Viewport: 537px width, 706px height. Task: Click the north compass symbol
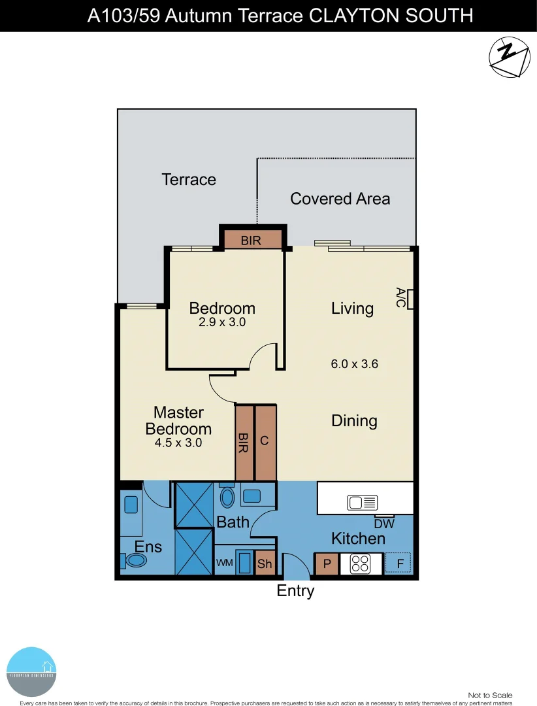pos(509,58)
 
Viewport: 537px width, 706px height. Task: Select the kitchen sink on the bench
pos(363,503)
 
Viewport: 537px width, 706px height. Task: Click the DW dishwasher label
pos(383,523)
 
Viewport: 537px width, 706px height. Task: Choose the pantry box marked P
pos(327,564)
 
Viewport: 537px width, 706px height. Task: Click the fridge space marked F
pos(399,563)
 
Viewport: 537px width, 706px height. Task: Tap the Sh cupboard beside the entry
pos(265,564)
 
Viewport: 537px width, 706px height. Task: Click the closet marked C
pos(265,442)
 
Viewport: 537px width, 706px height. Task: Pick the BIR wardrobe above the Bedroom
pos(252,240)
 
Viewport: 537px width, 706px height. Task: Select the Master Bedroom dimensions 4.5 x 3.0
pos(178,443)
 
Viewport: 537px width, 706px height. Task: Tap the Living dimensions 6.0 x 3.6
pos(355,365)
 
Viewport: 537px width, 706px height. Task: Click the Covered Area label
pos(340,199)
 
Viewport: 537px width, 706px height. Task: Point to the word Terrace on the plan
pos(189,179)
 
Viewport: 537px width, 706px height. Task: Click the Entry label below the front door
pos(295,591)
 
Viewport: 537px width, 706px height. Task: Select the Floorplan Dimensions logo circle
pos(32,671)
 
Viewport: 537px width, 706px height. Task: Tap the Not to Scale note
pos(490,695)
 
